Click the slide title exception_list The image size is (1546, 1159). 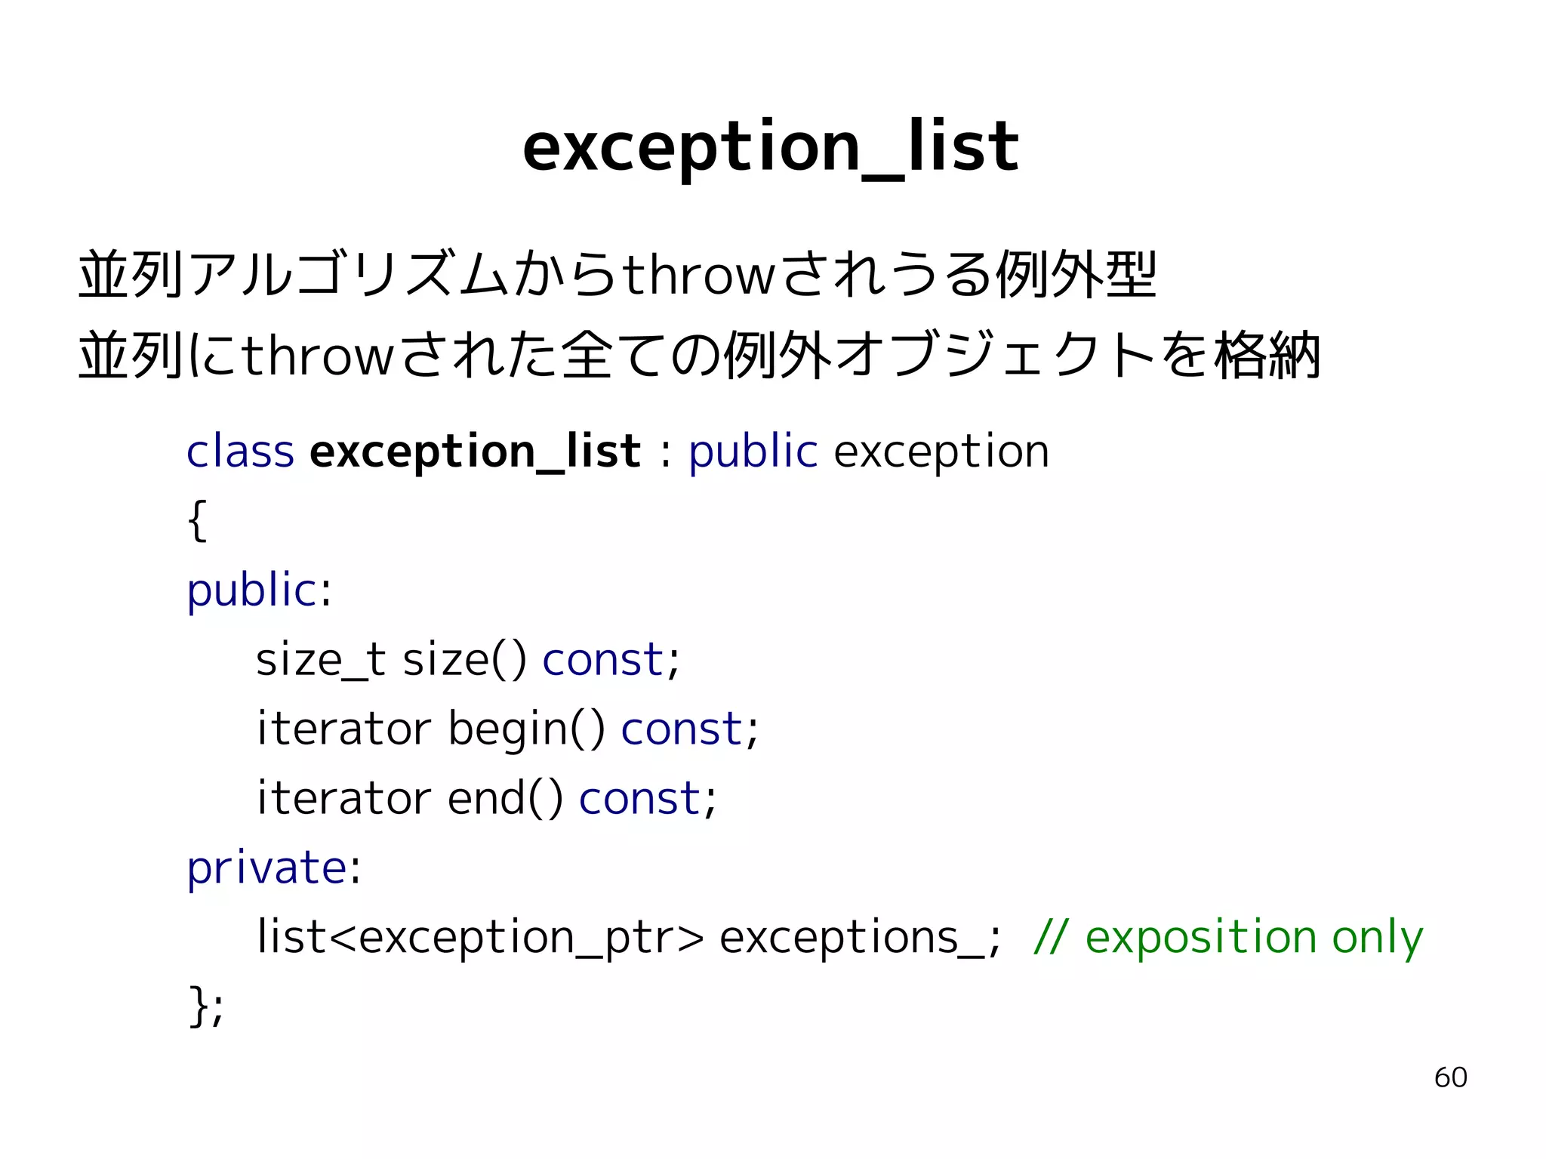pyautogui.click(x=770, y=147)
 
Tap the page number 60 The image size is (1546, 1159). pyautogui.click(x=1450, y=1077)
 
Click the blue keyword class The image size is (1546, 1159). pyautogui.click(x=240, y=452)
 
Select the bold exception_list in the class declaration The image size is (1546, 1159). pyautogui.click(x=475, y=452)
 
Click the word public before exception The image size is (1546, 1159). pyautogui.click(x=753, y=452)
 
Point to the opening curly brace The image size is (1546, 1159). pyautogui.click(x=197, y=520)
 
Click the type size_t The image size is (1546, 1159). pyautogui.click(x=320, y=660)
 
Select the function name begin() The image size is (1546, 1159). pyautogui.click(x=526, y=729)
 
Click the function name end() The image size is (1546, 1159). pyautogui.click(x=505, y=799)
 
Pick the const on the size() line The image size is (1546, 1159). pyautogui.click(x=602, y=660)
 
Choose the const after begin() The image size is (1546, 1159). pyautogui.click(x=681, y=729)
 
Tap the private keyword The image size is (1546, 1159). pyautogui.click(x=266, y=868)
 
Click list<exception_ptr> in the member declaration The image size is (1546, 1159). pyautogui.click(x=480, y=938)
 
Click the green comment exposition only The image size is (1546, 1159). pyautogui.click(x=1253, y=938)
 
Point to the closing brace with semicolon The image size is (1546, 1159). pyautogui.click(x=205, y=1006)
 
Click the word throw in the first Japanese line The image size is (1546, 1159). pyautogui.click(x=698, y=275)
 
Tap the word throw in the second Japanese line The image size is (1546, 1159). pyautogui.click(x=318, y=356)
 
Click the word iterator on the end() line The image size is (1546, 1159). pyautogui.click(x=343, y=799)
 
